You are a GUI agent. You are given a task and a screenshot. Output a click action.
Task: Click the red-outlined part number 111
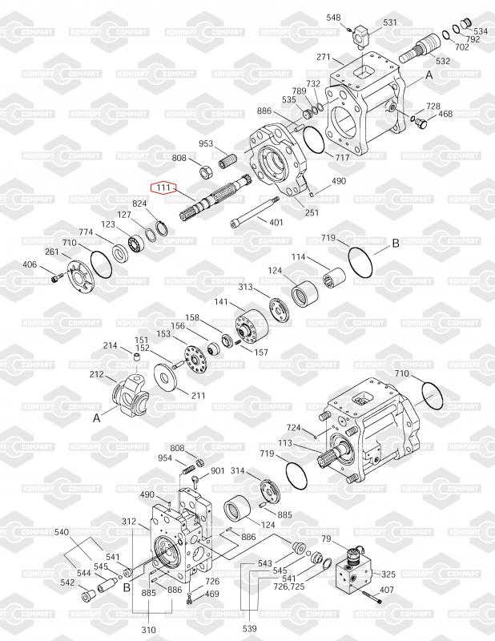(x=163, y=187)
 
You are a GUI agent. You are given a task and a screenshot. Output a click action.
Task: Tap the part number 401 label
(x=276, y=223)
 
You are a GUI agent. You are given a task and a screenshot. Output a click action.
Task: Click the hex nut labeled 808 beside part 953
(x=206, y=172)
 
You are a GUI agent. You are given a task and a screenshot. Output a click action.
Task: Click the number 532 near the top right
(x=443, y=62)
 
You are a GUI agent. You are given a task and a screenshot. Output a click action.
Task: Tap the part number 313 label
(x=246, y=287)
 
